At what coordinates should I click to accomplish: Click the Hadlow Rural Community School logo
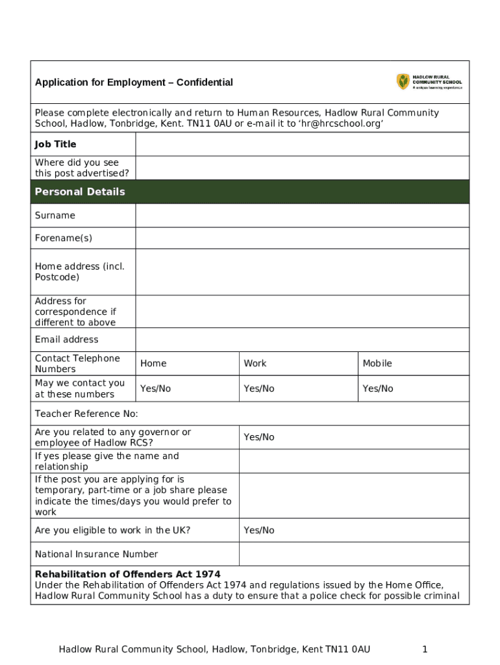pos(429,82)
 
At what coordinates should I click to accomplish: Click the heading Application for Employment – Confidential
pos(134,82)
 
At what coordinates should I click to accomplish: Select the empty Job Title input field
pos(302,144)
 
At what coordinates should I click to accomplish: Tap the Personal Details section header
pos(80,192)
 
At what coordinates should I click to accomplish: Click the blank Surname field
pos(302,216)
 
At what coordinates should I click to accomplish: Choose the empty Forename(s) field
pos(302,238)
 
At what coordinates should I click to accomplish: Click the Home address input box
pos(302,271)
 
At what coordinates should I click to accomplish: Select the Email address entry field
pos(302,340)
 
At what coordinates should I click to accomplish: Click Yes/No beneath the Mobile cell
pos(378,388)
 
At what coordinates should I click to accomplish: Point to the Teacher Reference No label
pos(86,414)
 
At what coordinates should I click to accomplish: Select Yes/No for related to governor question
pos(259,437)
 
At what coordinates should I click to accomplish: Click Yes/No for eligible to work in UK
pos(259,531)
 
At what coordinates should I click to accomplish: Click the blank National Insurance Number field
pos(354,554)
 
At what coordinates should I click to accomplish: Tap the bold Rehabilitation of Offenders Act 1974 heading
pos(127,575)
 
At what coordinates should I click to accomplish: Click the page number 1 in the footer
pos(424,649)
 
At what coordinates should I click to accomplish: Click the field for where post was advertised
pos(302,168)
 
